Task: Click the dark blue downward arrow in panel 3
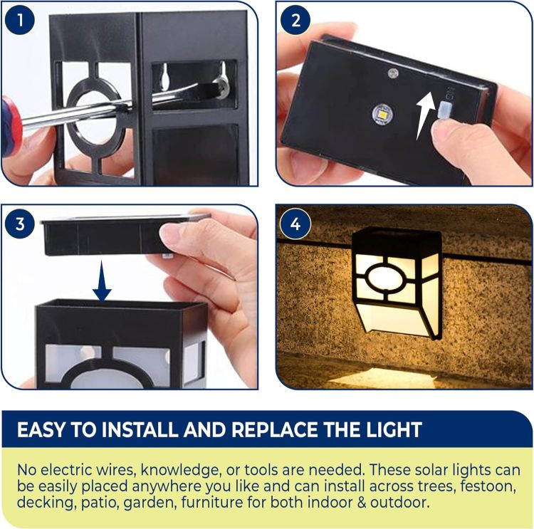click(x=102, y=282)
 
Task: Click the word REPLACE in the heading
click(x=278, y=430)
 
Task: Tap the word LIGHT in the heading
click(x=389, y=430)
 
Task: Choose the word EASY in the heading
click(x=43, y=430)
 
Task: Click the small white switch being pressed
click(x=446, y=110)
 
